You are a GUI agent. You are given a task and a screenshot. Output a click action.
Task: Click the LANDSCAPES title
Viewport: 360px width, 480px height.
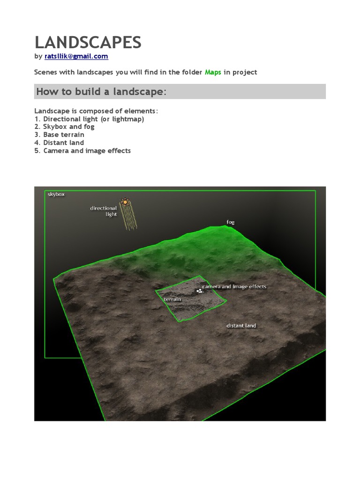88,42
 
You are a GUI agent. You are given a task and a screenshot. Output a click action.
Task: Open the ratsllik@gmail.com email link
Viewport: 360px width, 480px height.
76,56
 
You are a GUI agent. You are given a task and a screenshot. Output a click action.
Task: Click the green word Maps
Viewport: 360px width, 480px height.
213,72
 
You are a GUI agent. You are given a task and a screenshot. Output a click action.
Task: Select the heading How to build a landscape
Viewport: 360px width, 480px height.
101,91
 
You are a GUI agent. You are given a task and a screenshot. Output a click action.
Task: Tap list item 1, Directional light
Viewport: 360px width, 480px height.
89,119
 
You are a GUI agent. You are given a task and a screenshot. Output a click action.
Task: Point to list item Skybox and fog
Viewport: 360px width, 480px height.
64,127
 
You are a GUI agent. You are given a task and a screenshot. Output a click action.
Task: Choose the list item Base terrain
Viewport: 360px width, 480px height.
59,135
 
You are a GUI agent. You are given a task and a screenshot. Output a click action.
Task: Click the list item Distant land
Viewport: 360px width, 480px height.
59,142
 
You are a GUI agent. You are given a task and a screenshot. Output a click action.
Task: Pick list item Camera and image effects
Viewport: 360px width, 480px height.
82,150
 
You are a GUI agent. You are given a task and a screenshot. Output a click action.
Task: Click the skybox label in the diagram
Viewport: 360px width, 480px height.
56,194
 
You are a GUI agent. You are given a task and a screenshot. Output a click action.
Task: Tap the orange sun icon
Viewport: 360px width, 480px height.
125,202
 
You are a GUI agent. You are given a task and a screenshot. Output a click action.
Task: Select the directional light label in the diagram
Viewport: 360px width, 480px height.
104,211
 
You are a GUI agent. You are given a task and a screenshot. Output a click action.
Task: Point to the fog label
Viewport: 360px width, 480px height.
231,222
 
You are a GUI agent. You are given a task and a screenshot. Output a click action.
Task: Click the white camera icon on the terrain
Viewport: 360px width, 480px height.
200,291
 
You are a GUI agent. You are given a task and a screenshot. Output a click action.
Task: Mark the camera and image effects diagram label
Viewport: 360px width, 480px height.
234,286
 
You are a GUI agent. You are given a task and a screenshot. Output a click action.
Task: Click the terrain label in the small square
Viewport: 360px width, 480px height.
172,299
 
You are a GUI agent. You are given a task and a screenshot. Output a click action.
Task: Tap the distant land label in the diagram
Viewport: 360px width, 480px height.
241,326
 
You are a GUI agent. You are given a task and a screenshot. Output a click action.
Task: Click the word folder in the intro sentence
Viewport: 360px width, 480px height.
192,72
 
